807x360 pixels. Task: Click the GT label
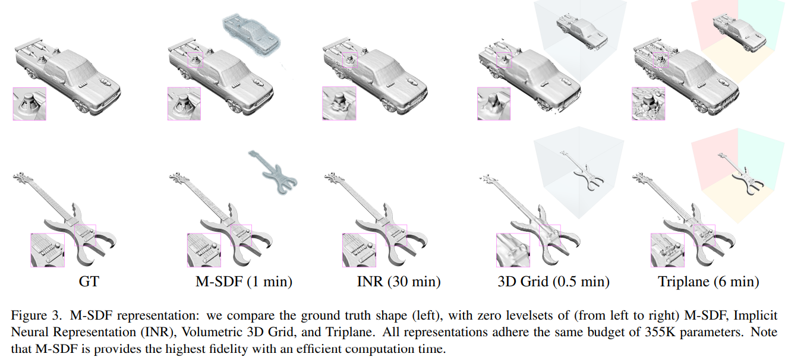[x=89, y=281]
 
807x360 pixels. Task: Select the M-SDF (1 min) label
[x=244, y=281]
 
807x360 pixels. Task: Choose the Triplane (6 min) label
[x=708, y=281]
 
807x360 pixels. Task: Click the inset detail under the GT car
[x=29, y=104]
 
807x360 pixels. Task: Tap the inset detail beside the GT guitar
[x=48, y=250]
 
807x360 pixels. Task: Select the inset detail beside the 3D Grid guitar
[x=513, y=250]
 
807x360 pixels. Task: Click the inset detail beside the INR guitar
[x=359, y=250]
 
